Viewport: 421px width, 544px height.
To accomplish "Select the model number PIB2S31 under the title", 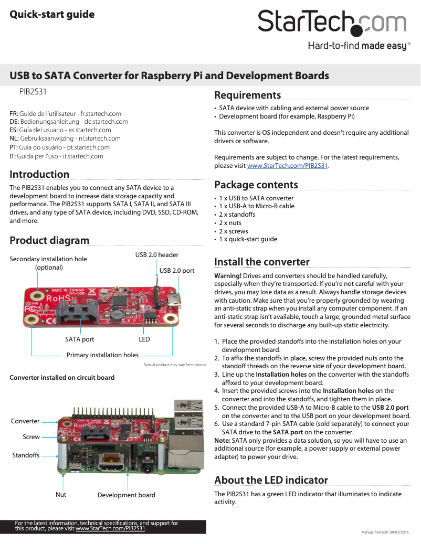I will click(33, 91).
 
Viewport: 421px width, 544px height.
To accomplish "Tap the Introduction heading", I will click(39, 174).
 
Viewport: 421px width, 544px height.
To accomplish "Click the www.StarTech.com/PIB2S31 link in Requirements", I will click(287, 165).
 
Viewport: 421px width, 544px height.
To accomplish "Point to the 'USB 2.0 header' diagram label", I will click(157, 255).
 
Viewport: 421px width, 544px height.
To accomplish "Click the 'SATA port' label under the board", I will click(80, 339).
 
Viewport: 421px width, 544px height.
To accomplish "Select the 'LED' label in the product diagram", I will click(144, 339).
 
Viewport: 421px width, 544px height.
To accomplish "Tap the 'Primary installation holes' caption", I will click(102, 355).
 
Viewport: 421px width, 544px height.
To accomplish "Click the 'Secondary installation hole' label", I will click(48, 259).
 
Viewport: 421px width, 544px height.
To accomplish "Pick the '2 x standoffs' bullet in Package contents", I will click(237, 215).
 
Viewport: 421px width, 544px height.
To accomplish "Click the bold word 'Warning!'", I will click(228, 276).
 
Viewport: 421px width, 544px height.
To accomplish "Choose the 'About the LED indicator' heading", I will click(271, 480).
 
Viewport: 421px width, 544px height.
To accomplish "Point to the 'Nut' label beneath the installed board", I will click(61, 495).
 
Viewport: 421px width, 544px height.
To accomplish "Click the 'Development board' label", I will click(127, 495).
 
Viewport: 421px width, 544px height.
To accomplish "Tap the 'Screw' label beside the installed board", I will click(31, 437).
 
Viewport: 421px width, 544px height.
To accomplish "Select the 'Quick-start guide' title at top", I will click(52, 14).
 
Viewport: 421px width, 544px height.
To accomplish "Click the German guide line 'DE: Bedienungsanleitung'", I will click(69, 122).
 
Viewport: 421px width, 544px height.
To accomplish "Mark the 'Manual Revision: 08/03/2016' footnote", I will click(385, 532).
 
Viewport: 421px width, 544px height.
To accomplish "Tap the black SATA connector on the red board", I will click(76, 313).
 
